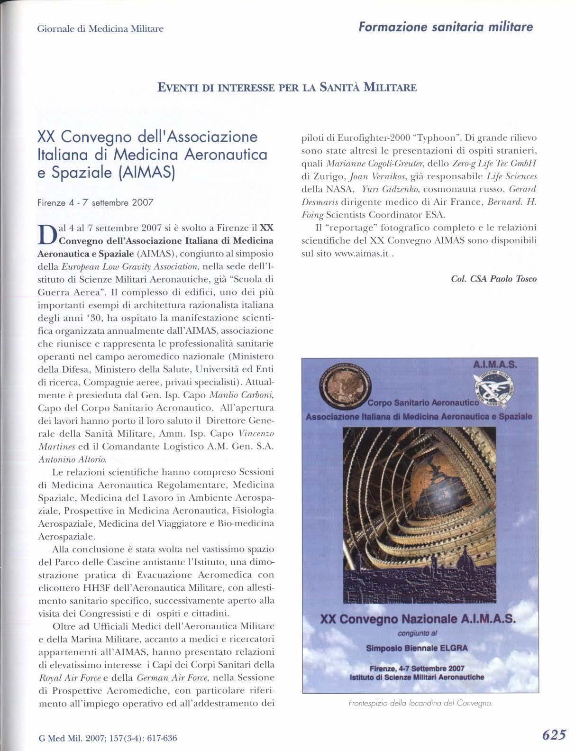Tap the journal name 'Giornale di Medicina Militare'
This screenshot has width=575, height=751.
point(100,28)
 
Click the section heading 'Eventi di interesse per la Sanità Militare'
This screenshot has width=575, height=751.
point(287,88)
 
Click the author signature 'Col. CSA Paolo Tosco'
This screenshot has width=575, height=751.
point(494,279)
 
